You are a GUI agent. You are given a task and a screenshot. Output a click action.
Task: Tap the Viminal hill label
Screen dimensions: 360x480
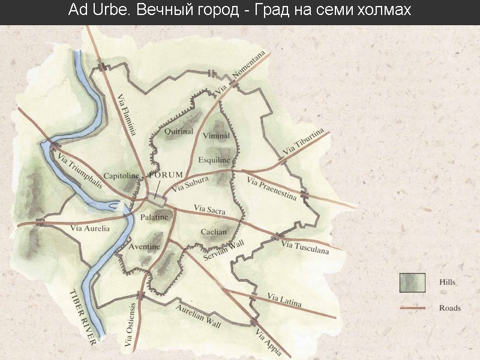(x=216, y=136)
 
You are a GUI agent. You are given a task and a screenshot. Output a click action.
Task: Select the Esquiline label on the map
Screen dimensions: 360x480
(x=214, y=160)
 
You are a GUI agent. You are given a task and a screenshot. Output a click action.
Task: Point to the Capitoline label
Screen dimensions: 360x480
(x=122, y=176)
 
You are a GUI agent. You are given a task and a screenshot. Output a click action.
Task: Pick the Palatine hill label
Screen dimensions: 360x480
(x=154, y=217)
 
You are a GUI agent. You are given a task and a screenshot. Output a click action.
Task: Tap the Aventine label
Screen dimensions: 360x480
(x=145, y=247)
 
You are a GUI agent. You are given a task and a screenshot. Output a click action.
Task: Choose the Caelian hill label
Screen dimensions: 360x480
(x=214, y=232)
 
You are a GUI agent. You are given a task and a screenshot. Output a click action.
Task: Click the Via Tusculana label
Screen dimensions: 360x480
(x=305, y=247)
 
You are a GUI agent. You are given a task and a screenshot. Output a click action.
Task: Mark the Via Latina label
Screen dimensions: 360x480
(x=284, y=299)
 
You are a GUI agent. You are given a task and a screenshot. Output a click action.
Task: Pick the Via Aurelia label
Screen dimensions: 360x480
(x=90, y=228)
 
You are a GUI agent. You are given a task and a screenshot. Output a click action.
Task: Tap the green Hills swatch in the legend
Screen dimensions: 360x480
(x=412, y=282)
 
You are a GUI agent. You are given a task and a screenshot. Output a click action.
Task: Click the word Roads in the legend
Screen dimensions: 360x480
(x=449, y=308)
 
